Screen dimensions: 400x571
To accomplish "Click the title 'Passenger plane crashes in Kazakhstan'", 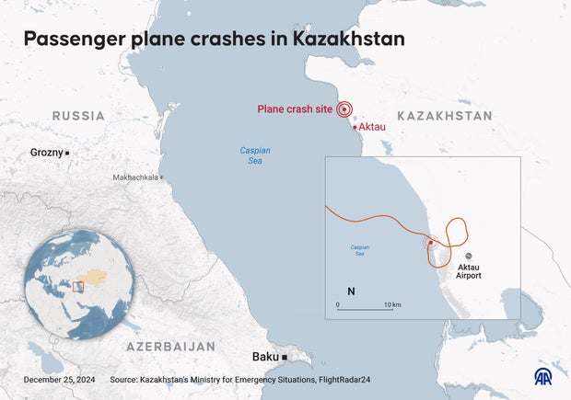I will (x=214, y=40).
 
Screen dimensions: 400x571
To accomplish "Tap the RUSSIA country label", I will (x=78, y=116).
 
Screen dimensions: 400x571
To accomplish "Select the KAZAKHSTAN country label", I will (x=444, y=116).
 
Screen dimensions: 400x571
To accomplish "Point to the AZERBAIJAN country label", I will (x=170, y=347).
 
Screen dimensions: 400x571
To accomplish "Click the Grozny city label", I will (x=46, y=152).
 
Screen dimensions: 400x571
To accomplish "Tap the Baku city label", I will (x=266, y=357).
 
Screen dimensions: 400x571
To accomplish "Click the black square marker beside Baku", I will (x=285, y=357).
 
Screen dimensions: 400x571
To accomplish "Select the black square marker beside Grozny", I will (x=66, y=152).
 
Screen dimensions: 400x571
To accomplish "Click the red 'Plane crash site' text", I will (x=295, y=109).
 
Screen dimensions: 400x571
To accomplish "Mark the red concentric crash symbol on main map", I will (x=344, y=109).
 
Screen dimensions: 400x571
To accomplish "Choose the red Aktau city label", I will (x=372, y=127).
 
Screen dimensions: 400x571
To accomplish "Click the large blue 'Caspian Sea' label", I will (x=254, y=155).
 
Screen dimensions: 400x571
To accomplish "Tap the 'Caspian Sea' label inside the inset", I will (x=359, y=249).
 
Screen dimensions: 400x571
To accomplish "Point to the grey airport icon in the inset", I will (x=469, y=256).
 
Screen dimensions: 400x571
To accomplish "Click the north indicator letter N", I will (x=351, y=291).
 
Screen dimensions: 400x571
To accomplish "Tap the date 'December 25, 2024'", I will (x=59, y=379).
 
